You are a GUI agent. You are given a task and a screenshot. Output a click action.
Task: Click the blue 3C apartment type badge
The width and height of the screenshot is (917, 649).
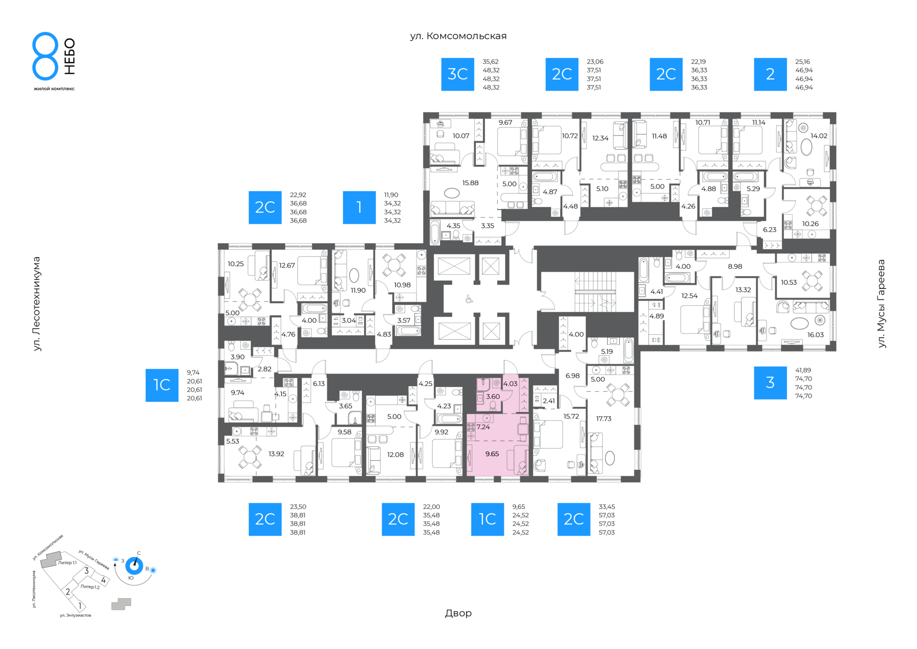[458, 74]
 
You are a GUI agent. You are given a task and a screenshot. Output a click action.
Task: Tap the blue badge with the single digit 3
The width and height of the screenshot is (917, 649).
[770, 383]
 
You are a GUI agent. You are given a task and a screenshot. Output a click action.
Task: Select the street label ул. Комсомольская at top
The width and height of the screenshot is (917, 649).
[458, 36]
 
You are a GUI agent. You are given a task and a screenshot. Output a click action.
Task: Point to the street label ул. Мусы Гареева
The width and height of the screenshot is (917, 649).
[881, 303]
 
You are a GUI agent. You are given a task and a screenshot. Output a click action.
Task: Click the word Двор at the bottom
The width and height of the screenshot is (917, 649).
[458, 613]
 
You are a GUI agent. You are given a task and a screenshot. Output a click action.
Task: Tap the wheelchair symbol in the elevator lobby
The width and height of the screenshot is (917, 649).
[469, 300]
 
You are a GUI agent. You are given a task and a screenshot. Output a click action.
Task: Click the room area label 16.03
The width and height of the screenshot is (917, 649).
[816, 335]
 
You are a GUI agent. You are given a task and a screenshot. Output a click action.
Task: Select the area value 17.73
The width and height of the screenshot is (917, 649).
[604, 418]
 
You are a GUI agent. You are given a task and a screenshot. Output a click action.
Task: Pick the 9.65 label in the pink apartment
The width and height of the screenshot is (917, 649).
[492, 454]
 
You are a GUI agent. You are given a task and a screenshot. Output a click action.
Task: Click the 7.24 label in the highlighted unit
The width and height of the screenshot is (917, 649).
[483, 427]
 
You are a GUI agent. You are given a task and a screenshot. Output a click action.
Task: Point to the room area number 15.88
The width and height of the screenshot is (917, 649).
[470, 183]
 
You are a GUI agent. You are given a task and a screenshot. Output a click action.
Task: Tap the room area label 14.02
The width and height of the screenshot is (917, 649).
[819, 136]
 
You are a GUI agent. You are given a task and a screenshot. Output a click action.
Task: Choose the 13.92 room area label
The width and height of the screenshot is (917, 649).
[277, 454]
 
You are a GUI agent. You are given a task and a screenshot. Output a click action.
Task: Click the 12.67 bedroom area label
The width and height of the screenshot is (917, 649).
[287, 265]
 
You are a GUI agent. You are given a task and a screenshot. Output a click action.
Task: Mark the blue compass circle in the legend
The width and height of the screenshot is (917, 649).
[134, 566]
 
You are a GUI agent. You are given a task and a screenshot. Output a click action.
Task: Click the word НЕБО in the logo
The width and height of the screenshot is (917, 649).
[70, 56]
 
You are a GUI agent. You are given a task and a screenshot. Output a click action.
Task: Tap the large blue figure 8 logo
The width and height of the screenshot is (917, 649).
[45, 56]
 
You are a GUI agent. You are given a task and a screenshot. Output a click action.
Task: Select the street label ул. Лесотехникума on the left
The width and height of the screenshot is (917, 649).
[37, 304]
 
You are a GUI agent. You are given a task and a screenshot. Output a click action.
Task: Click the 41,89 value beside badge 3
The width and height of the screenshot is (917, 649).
[803, 370]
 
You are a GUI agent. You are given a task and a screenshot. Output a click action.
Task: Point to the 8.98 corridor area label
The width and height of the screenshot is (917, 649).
[735, 266]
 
